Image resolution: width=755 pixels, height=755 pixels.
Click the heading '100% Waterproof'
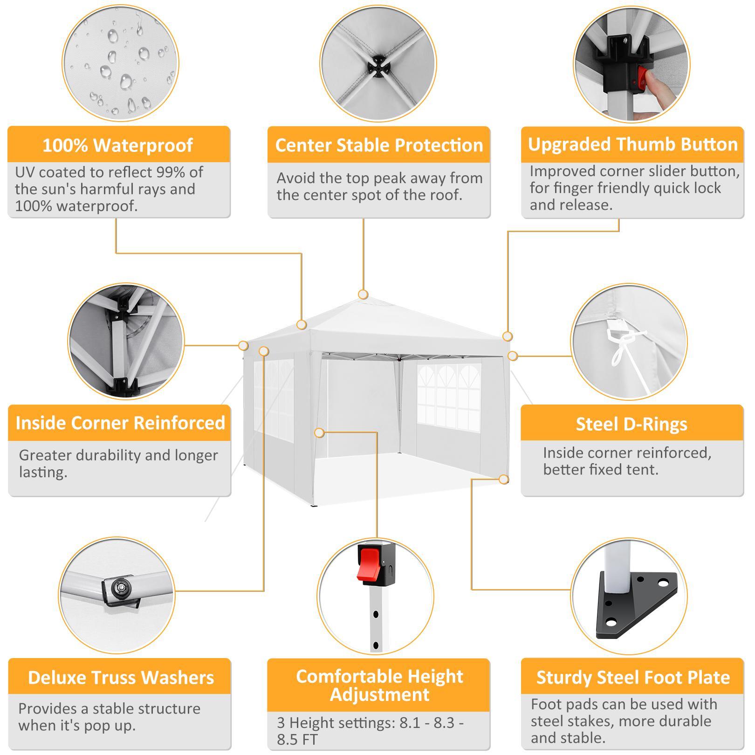click(x=118, y=145)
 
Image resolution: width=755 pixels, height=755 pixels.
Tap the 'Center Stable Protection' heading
click(x=379, y=145)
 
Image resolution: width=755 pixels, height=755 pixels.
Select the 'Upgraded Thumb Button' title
click(x=633, y=144)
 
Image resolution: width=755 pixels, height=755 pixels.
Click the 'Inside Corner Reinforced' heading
click(x=120, y=423)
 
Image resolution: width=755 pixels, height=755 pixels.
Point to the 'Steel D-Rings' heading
click(x=631, y=424)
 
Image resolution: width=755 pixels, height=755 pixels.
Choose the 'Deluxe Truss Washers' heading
click(x=121, y=677)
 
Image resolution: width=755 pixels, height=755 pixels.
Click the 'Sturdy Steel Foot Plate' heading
click(x=633, y=677)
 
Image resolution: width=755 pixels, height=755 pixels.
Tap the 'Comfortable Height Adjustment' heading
click(x=379, y=685)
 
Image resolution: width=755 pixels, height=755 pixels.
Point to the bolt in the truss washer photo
click(x=122, y=586)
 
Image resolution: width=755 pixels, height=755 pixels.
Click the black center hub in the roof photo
click(x=378, y=67)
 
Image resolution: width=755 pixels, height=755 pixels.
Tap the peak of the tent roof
click(x=363, y=299)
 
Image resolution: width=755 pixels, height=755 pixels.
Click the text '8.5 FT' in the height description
click(x=297, y=739)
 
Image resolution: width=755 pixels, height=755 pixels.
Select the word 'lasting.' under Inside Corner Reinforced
click(x=43, y=472)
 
